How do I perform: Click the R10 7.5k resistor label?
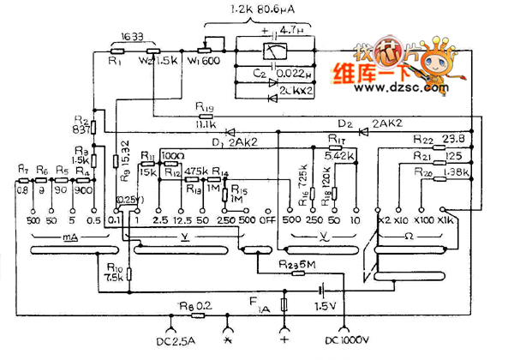(115, 273)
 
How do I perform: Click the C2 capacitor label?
(236, 75)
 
